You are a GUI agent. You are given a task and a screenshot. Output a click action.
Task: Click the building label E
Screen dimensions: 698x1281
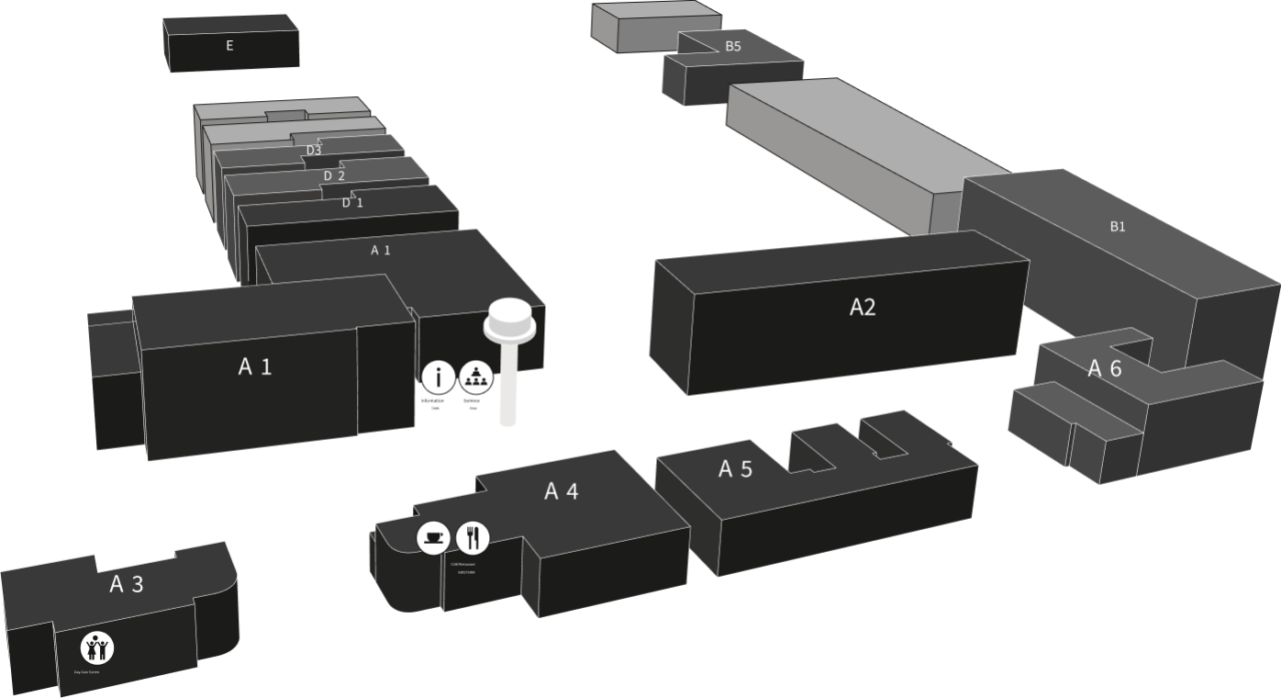pos(229,45)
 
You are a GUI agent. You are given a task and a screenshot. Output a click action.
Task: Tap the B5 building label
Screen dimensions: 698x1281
pos(732,46)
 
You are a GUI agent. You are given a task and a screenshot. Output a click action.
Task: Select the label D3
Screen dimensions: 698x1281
pos(314,150)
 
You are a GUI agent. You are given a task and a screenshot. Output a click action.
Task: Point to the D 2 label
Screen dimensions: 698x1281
pos(334,175)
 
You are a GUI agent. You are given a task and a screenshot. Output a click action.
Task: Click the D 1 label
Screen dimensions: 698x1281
pos(352,202)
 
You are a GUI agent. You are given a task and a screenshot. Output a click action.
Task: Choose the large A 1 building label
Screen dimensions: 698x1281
pos(255,366)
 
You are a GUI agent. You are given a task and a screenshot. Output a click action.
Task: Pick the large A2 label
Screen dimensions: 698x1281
pos(863,307)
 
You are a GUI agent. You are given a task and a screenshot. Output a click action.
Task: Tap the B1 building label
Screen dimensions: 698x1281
pos(1117,227)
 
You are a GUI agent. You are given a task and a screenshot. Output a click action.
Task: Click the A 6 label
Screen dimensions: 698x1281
pos(1105,368)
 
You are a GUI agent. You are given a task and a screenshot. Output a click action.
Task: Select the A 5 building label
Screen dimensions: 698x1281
pos(735,469)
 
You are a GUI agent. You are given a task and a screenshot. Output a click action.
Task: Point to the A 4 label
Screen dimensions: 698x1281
pos(562,491)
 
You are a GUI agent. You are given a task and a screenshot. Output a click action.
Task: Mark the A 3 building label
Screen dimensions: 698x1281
pos(127,584)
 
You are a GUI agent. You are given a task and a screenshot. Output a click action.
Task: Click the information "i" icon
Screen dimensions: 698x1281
pos(439,376)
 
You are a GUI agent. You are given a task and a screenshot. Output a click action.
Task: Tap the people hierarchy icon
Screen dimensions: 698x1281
pos(474,376)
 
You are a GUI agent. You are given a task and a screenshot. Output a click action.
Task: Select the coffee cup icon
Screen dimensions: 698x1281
pos(433,537)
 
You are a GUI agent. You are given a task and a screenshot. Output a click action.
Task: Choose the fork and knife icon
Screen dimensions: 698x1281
pos(473,537)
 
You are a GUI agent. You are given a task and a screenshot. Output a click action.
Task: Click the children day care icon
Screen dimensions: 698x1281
pos(96,648)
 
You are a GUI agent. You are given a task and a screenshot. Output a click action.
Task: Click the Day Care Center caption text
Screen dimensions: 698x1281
pos(87,672)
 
